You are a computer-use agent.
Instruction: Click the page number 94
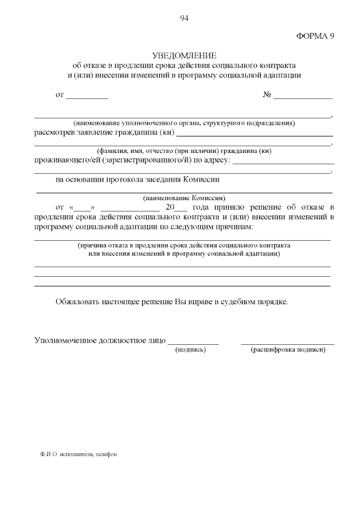184,18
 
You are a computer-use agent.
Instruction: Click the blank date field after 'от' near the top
87,97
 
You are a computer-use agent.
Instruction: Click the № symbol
268,95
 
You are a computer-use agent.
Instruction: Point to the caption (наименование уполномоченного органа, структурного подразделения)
184,123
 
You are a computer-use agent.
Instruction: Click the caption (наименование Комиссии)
184,198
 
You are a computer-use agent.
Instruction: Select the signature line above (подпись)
193,342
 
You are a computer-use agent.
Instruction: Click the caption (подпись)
191,350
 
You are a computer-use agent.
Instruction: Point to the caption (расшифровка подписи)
287,350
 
